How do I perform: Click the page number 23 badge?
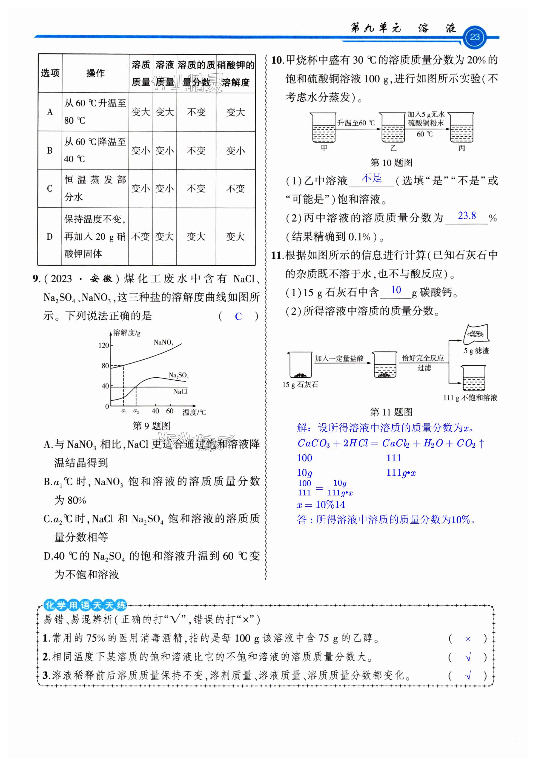pyautogui.click(x=474, y=37)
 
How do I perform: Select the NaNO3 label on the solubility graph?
pyautogui.click(x=163, y=342)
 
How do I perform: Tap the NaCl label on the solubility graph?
pyautogui.click(x=180, y=391)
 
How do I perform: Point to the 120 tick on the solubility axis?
pyautogui.click(x=104, y=345)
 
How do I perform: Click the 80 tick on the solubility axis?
pyautogui.click(x=105, y=366)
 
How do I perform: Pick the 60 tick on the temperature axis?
pyautogui.click(x=170, y=411)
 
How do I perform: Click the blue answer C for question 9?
pyautogui.click(x=238, y=316)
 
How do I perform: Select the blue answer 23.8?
pyautogui.click(x=467, y=216)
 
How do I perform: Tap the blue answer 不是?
pyautogui.click(x=371, y=179)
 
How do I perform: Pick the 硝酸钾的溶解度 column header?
pyautogui.click(x=236, y=73)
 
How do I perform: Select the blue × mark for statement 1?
pyautogui.click(x=468, y=639)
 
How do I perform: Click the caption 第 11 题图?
pyautogui.click(x=391, y=412)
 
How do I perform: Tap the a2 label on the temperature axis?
pyautogui.click(x=136, y=412)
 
